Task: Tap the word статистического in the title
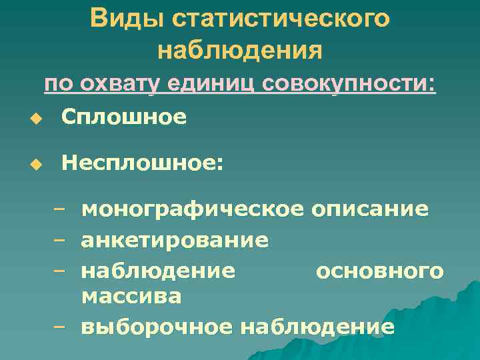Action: [281, 18]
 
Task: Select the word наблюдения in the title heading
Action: [240, 50]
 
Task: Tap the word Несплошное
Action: [142, 163]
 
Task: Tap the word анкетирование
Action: [175, 239]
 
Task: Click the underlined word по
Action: [59, 86]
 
